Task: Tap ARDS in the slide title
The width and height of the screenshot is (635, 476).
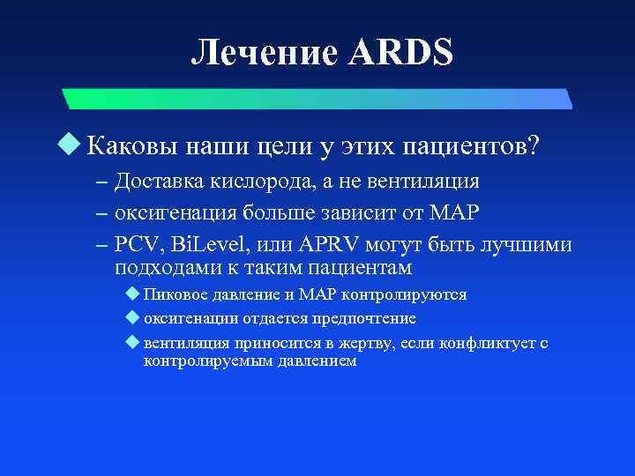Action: tap(402, 54)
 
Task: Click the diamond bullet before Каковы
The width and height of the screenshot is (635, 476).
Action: tap(76, 143)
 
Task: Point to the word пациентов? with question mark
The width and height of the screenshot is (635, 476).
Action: tap(477, 144)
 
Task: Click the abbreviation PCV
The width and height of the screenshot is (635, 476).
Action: tap(137, 244)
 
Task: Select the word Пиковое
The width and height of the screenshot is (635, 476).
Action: tap(174, 294)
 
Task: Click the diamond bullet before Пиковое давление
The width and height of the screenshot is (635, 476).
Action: tap(133, 294)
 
